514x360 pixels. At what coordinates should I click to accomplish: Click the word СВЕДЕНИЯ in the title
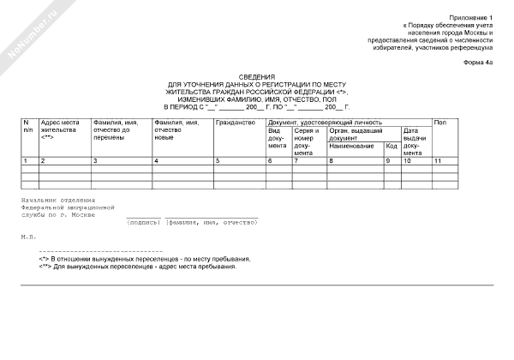coord(256,76)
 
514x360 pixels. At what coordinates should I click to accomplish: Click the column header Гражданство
coord(236,123)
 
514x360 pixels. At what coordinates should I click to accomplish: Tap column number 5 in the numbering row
coord(218,161)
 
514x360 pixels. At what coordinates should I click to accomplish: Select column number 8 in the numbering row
coord(331,161)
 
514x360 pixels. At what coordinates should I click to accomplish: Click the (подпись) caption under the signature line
coord(145,222)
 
